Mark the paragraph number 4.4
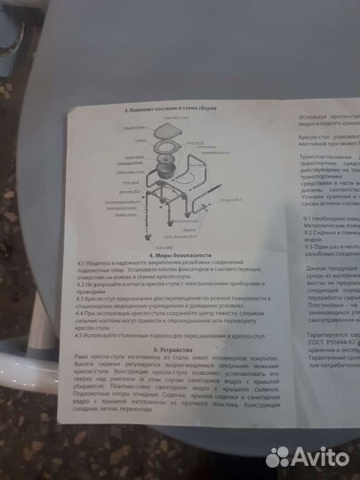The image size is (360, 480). (x=81, y=313)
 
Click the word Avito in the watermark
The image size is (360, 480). (x=316, y=456)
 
